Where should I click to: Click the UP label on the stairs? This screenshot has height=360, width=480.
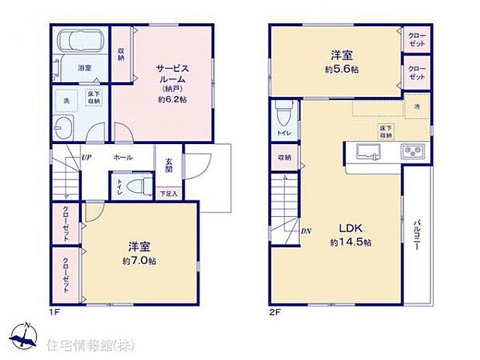(87, 157)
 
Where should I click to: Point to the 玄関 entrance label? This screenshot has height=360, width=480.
(168, 166)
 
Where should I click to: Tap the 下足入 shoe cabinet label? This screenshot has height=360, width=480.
(168, 193)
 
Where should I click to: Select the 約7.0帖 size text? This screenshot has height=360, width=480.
(139, 261)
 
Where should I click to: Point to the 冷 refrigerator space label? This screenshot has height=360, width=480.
(416, 105)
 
